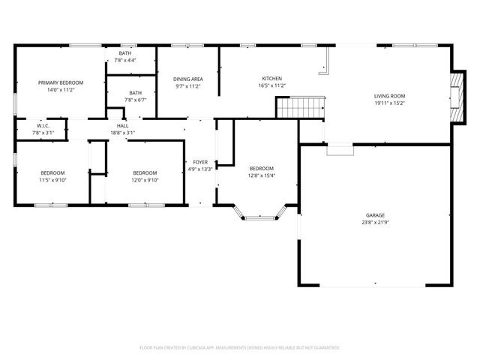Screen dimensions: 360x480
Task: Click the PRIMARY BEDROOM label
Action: (61, 82)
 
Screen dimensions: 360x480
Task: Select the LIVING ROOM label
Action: (390, 96)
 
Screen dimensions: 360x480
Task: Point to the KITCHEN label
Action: (271, 79)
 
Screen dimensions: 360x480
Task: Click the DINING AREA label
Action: (188, 79)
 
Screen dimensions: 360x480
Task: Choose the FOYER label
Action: (200, 162)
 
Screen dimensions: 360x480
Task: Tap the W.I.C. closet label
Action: (43, 125)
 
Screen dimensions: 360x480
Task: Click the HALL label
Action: (122, 125)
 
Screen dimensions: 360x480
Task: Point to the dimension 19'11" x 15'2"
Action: (390, 104)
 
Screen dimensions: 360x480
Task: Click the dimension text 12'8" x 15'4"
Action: (261, 176)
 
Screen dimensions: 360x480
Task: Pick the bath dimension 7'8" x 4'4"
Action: (125, 60)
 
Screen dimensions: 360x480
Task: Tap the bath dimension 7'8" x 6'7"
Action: (125, 100)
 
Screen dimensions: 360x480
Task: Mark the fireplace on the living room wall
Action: (456, 97)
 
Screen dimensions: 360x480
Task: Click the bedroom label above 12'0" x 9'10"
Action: (145, 172)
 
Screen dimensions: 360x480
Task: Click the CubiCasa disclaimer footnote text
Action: (240, 348)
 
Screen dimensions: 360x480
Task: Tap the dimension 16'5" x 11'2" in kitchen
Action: (271, 86)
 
